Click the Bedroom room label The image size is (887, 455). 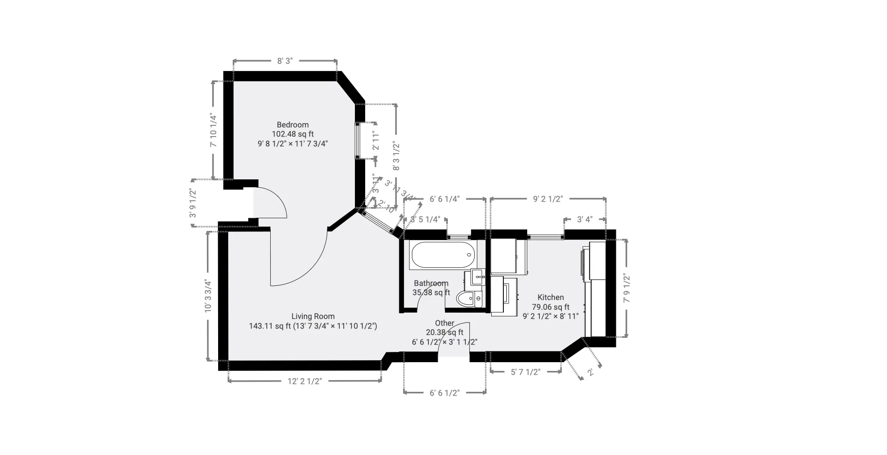click(293, 124)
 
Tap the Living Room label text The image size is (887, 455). click(313, 316)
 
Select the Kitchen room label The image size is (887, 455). click(551, 297)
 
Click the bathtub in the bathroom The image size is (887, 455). click(442, 254)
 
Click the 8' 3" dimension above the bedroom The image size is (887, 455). click(285, 61)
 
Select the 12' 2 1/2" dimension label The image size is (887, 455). click(305, 381)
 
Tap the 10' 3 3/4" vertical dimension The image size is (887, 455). click(208, 296)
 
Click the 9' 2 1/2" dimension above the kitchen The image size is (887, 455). click(548, 199)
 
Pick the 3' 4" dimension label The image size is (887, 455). click(584, 219)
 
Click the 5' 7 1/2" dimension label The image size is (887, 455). click(525, 372)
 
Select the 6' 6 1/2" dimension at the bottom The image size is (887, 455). click(444, 393)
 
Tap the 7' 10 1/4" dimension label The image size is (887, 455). click(213, 130)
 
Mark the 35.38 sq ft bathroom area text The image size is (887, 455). click(431, 293)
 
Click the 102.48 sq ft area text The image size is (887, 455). click(293, 134)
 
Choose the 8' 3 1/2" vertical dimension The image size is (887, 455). click(396, 156)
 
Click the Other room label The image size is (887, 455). click(444, 323)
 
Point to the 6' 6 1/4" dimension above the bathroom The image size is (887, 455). click(444, 199)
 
